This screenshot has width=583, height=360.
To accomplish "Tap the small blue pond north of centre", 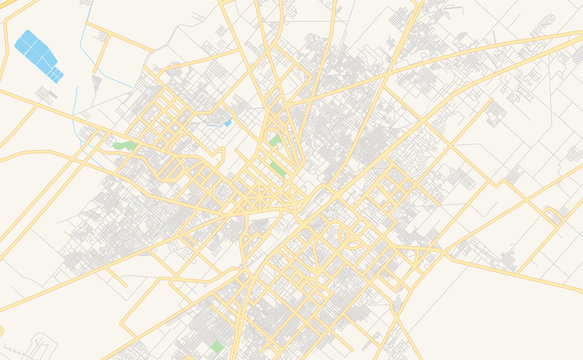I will (x=228, y=122).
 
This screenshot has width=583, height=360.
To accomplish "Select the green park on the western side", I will (x=125, y=145).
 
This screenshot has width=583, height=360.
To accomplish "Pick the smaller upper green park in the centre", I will (x=274, y=141).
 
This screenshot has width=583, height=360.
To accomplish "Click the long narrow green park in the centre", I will (x=277, y=168).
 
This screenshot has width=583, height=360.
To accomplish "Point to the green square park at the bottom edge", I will (x=216, y=346).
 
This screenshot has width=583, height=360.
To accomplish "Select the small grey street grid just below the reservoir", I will (x=46, y=94).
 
